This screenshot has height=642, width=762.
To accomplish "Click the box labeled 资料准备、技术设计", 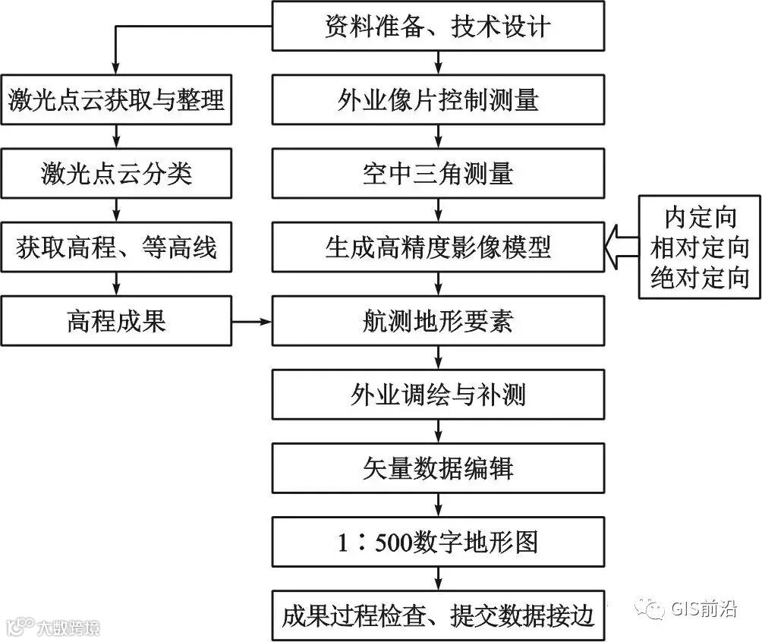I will [x=438, y=27].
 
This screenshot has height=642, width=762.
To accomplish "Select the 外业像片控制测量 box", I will [x=438, y=99].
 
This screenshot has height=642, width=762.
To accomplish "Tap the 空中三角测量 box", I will [x=438, y=174].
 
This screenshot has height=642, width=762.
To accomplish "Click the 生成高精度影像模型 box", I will [x=438, y=247].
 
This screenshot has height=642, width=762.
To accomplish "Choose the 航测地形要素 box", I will [x=438, y=321].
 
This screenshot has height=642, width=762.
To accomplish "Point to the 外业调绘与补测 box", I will [x=438, y=395].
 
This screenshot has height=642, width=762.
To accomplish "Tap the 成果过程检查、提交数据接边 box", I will [x=438, y=614].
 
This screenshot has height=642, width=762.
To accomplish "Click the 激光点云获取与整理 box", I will [x=116, y=99].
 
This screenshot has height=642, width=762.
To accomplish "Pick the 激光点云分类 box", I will [x=116, y=174].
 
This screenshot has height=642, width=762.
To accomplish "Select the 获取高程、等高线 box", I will [x=116, y=247].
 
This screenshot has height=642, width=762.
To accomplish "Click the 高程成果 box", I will [x=116, y=321].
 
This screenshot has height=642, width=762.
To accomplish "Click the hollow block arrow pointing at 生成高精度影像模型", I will [x=622, y=247].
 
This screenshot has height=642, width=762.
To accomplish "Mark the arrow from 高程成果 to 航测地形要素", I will [x=251, y=322].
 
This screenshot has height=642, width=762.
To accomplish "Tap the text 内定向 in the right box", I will [x=700, y=219].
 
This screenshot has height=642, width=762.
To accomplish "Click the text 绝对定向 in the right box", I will [x=700, y=278].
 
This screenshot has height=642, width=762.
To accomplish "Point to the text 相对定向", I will [x=700, y=248].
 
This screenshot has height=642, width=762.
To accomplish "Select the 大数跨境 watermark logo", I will [x=53, y=627].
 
